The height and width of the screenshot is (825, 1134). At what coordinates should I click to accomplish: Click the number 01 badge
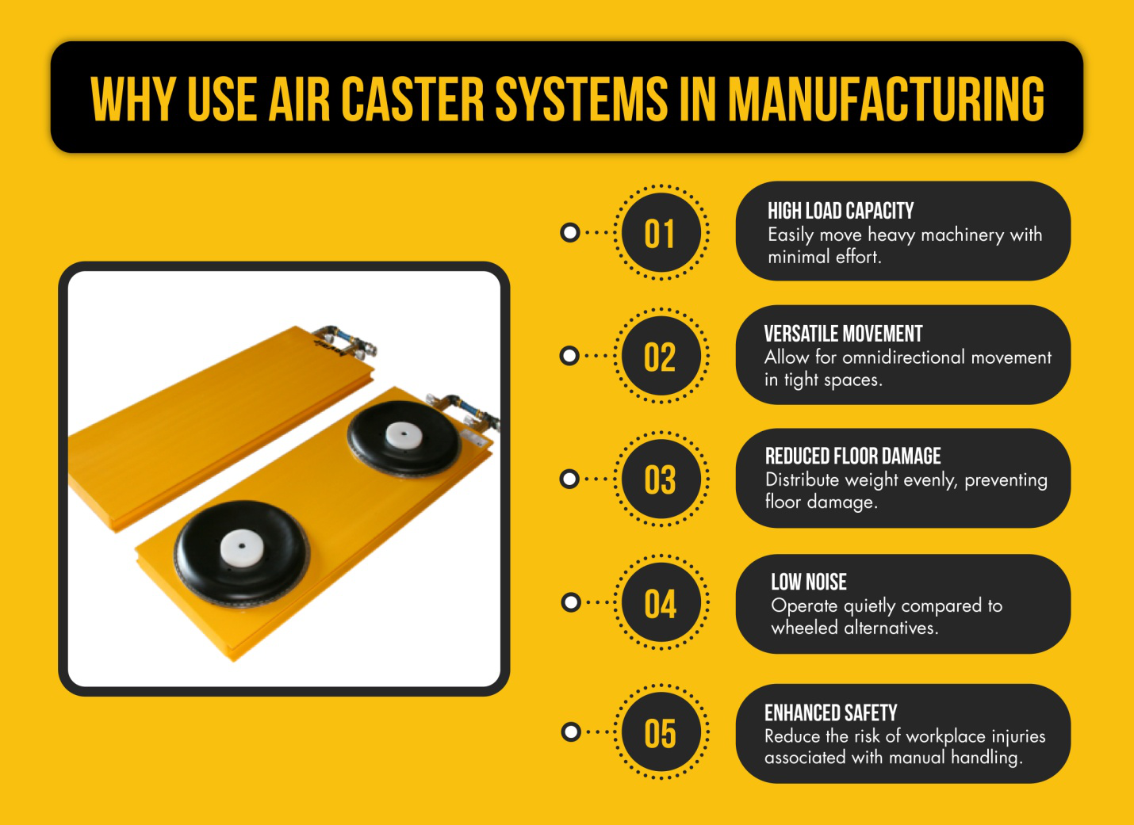[x=661, y=234]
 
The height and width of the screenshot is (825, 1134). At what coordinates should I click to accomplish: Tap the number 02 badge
[x=661, y=357]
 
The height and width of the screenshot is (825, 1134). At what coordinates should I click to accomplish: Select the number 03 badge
[x=661, y=479]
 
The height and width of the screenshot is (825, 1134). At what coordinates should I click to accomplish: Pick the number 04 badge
[x=661, y=604]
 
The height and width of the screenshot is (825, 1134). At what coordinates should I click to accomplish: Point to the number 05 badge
[x=661, y=733]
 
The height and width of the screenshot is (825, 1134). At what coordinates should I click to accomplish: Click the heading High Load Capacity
[x=841, y=211]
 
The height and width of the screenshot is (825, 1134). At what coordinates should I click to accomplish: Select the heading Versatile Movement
[x=843, y=334]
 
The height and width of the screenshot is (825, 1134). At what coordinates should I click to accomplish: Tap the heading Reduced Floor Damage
[x=852, y=456]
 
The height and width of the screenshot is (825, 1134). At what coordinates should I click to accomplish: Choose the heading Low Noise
[x=809, y=582]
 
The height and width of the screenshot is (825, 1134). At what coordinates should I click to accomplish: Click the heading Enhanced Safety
[x=830, y=712]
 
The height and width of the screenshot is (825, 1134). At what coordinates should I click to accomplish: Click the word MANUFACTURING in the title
[x=886, y=100]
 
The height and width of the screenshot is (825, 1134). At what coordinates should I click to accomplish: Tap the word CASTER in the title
[x=412, y=100]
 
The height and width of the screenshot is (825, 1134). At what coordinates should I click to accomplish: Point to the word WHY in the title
[x=132, y=100]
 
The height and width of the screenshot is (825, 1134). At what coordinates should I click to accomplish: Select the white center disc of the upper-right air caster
[x=404, y=434]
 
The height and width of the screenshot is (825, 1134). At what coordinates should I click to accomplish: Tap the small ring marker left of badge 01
[x=569, y=233]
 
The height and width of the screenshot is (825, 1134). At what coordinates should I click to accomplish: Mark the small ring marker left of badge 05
[x=569, y=731]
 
